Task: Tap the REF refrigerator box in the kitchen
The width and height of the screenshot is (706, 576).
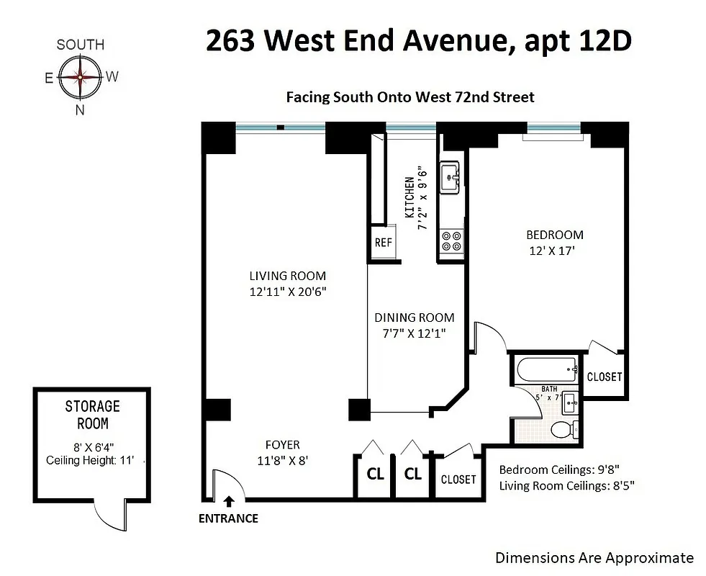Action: click(383, 243)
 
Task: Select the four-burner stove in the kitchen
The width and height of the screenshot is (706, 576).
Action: click(452, 241)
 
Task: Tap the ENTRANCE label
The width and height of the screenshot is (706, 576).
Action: click(228, 518)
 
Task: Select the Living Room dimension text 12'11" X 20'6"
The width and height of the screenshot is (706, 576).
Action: click(288, 292)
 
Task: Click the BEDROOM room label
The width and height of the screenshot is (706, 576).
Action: click(555, 235)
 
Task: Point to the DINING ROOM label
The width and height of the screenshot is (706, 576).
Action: click(415, 318)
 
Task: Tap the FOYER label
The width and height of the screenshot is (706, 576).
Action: click(282, 445)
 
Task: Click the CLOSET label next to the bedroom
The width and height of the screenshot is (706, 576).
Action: click(605, 377)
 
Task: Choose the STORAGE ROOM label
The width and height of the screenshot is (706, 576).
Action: click(93, 415)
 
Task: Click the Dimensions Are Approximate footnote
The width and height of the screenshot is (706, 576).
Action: click(594, 558)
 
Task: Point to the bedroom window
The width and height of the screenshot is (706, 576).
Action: click(554, 127)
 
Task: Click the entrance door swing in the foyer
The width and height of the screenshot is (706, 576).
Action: click(229, 484)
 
